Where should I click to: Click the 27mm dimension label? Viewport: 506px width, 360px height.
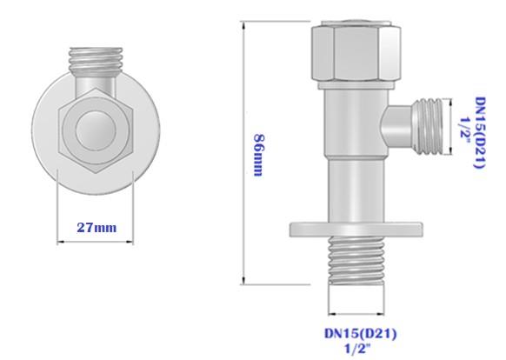[97, 228]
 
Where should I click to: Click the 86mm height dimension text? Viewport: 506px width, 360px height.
[257, 155]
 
